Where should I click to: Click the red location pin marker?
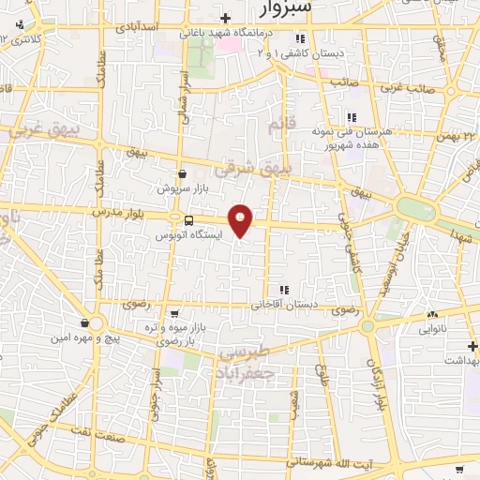[x=241, y=220]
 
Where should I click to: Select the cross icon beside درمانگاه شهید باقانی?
[x=224, y=18]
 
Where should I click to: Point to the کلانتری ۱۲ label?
[x=26, y=39]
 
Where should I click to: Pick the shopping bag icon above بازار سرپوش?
[x=181, y=173]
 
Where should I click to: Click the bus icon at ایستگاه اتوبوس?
[x=189, y=221]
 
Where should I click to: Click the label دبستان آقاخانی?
[x=283, y=306]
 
